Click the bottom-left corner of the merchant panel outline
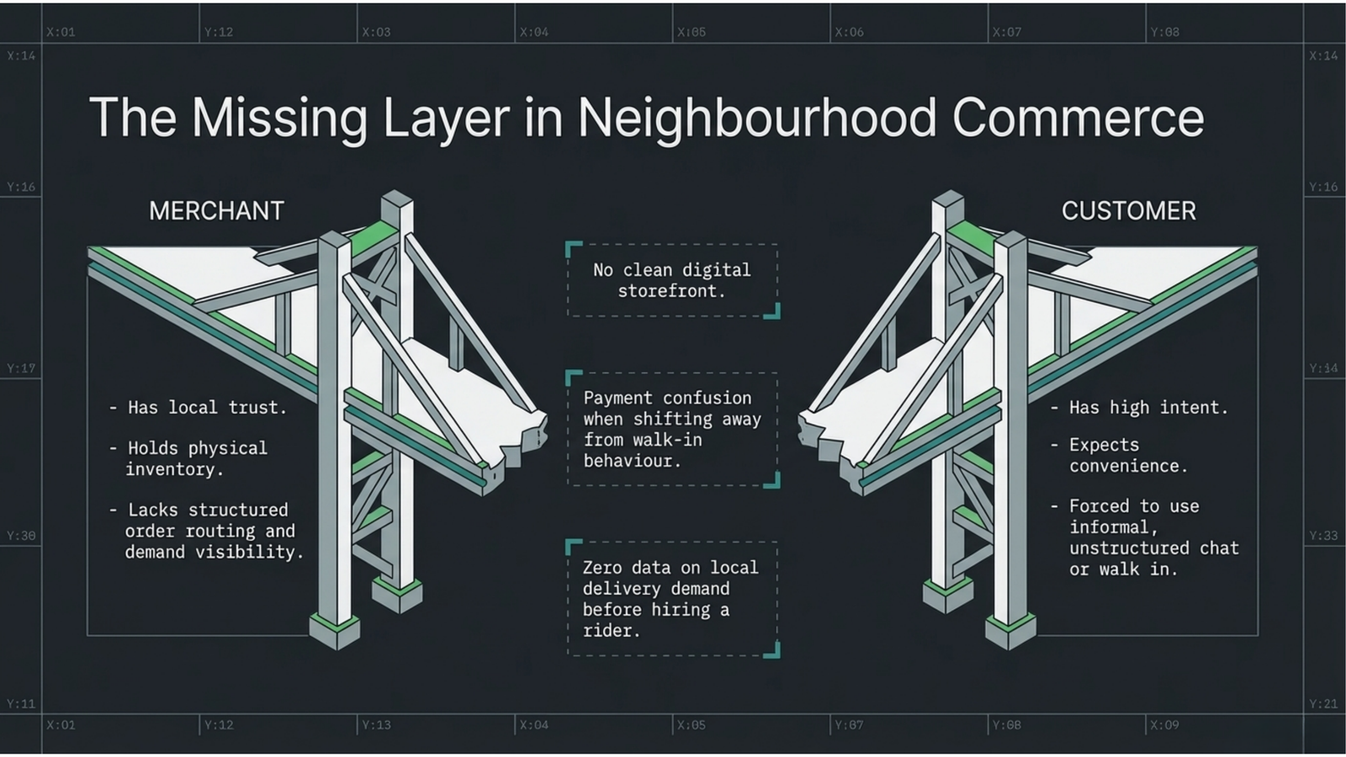coord(87,635)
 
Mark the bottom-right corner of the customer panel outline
coord(1258,635)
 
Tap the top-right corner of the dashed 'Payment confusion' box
coord(777,373)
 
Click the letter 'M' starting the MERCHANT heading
coord(157,211)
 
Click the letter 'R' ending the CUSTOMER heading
coord(1188,211)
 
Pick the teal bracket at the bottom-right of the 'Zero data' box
coord(773,651)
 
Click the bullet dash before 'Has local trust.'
coord(113,408)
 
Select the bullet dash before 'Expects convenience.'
coord(1054,445)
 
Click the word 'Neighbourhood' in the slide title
coord(756,119)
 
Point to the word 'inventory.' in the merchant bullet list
coord(174,469)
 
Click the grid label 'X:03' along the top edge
coord(376,32)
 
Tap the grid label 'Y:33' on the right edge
coord(1323,535)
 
